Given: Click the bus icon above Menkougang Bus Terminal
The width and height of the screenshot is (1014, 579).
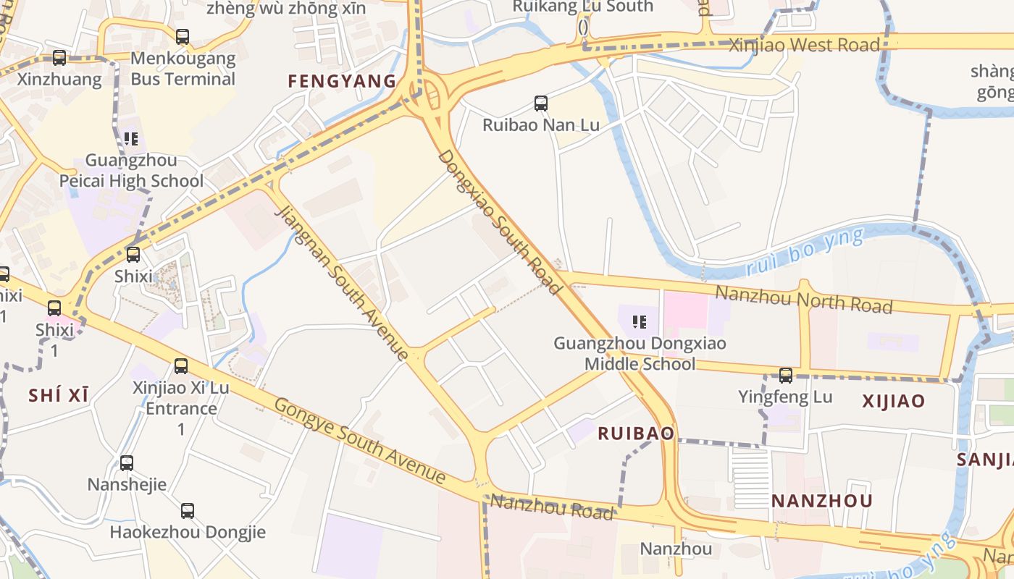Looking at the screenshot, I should point(183,36).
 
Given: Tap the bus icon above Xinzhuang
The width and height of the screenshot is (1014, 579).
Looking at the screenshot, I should point(59,58).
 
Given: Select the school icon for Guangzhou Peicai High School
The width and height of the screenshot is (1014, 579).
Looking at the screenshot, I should point(131,138).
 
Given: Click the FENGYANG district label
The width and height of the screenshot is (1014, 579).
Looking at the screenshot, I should point(342,81).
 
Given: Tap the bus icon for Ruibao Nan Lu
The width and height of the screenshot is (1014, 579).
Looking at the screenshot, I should point(541,103).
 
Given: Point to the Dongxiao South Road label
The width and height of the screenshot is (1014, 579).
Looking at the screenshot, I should point(500,222).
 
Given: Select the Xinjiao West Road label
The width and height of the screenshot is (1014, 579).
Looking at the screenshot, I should point(804,45).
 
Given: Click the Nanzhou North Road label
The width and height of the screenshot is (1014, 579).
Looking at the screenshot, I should point(803,299).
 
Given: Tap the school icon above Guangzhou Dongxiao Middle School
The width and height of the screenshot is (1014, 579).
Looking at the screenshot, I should point(640,321).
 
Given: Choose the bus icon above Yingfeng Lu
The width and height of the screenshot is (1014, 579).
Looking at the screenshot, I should point(786,376).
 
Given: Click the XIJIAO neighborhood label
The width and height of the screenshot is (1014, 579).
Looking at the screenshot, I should point(893,401).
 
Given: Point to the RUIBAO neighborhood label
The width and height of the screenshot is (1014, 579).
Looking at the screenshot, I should point(636,434).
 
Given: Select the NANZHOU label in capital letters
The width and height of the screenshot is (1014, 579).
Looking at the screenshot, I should point(821,501).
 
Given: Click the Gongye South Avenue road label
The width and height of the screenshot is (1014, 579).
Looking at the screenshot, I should point(359,440).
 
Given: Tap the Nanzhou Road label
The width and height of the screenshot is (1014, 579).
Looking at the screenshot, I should point(551,507).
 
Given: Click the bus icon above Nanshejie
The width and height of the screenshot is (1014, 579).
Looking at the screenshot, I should point(127,463).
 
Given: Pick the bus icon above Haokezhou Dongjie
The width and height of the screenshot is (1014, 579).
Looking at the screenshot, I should point(188,511).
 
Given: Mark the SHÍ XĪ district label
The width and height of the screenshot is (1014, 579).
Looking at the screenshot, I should point(59,395).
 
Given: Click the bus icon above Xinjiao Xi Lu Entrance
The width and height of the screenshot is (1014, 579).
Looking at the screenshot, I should point(181,366).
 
